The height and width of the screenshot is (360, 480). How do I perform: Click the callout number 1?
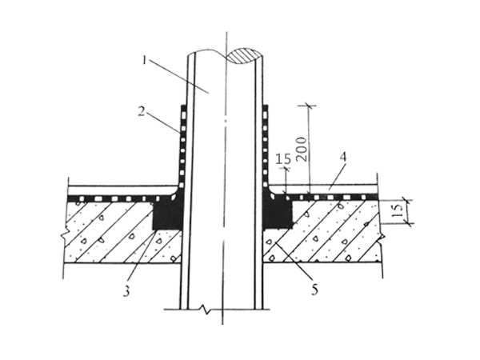[145, 60]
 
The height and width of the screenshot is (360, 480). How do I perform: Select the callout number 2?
[141, 111]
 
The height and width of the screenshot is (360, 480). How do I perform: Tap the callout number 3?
[126, 291]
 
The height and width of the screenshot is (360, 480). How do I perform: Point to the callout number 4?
[343, 157]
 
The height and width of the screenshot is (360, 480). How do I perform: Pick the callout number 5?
[314, 290]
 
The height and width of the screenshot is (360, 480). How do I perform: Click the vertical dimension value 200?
[302, 150]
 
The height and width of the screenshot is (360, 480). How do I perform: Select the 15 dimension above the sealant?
[283, 159]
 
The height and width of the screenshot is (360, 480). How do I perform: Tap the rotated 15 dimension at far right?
[398, 210]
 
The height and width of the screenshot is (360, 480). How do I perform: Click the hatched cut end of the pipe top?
[244, 55]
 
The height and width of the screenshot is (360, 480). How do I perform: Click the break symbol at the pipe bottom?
[205, 309]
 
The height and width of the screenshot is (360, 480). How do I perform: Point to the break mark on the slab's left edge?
[66, 235]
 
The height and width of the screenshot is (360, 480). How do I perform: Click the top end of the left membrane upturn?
[182, 106]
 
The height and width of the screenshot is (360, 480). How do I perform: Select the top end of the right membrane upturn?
[266, 106]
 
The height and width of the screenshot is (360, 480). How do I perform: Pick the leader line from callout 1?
[178, 76]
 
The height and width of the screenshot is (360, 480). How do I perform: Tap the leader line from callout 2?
[162, 122]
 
